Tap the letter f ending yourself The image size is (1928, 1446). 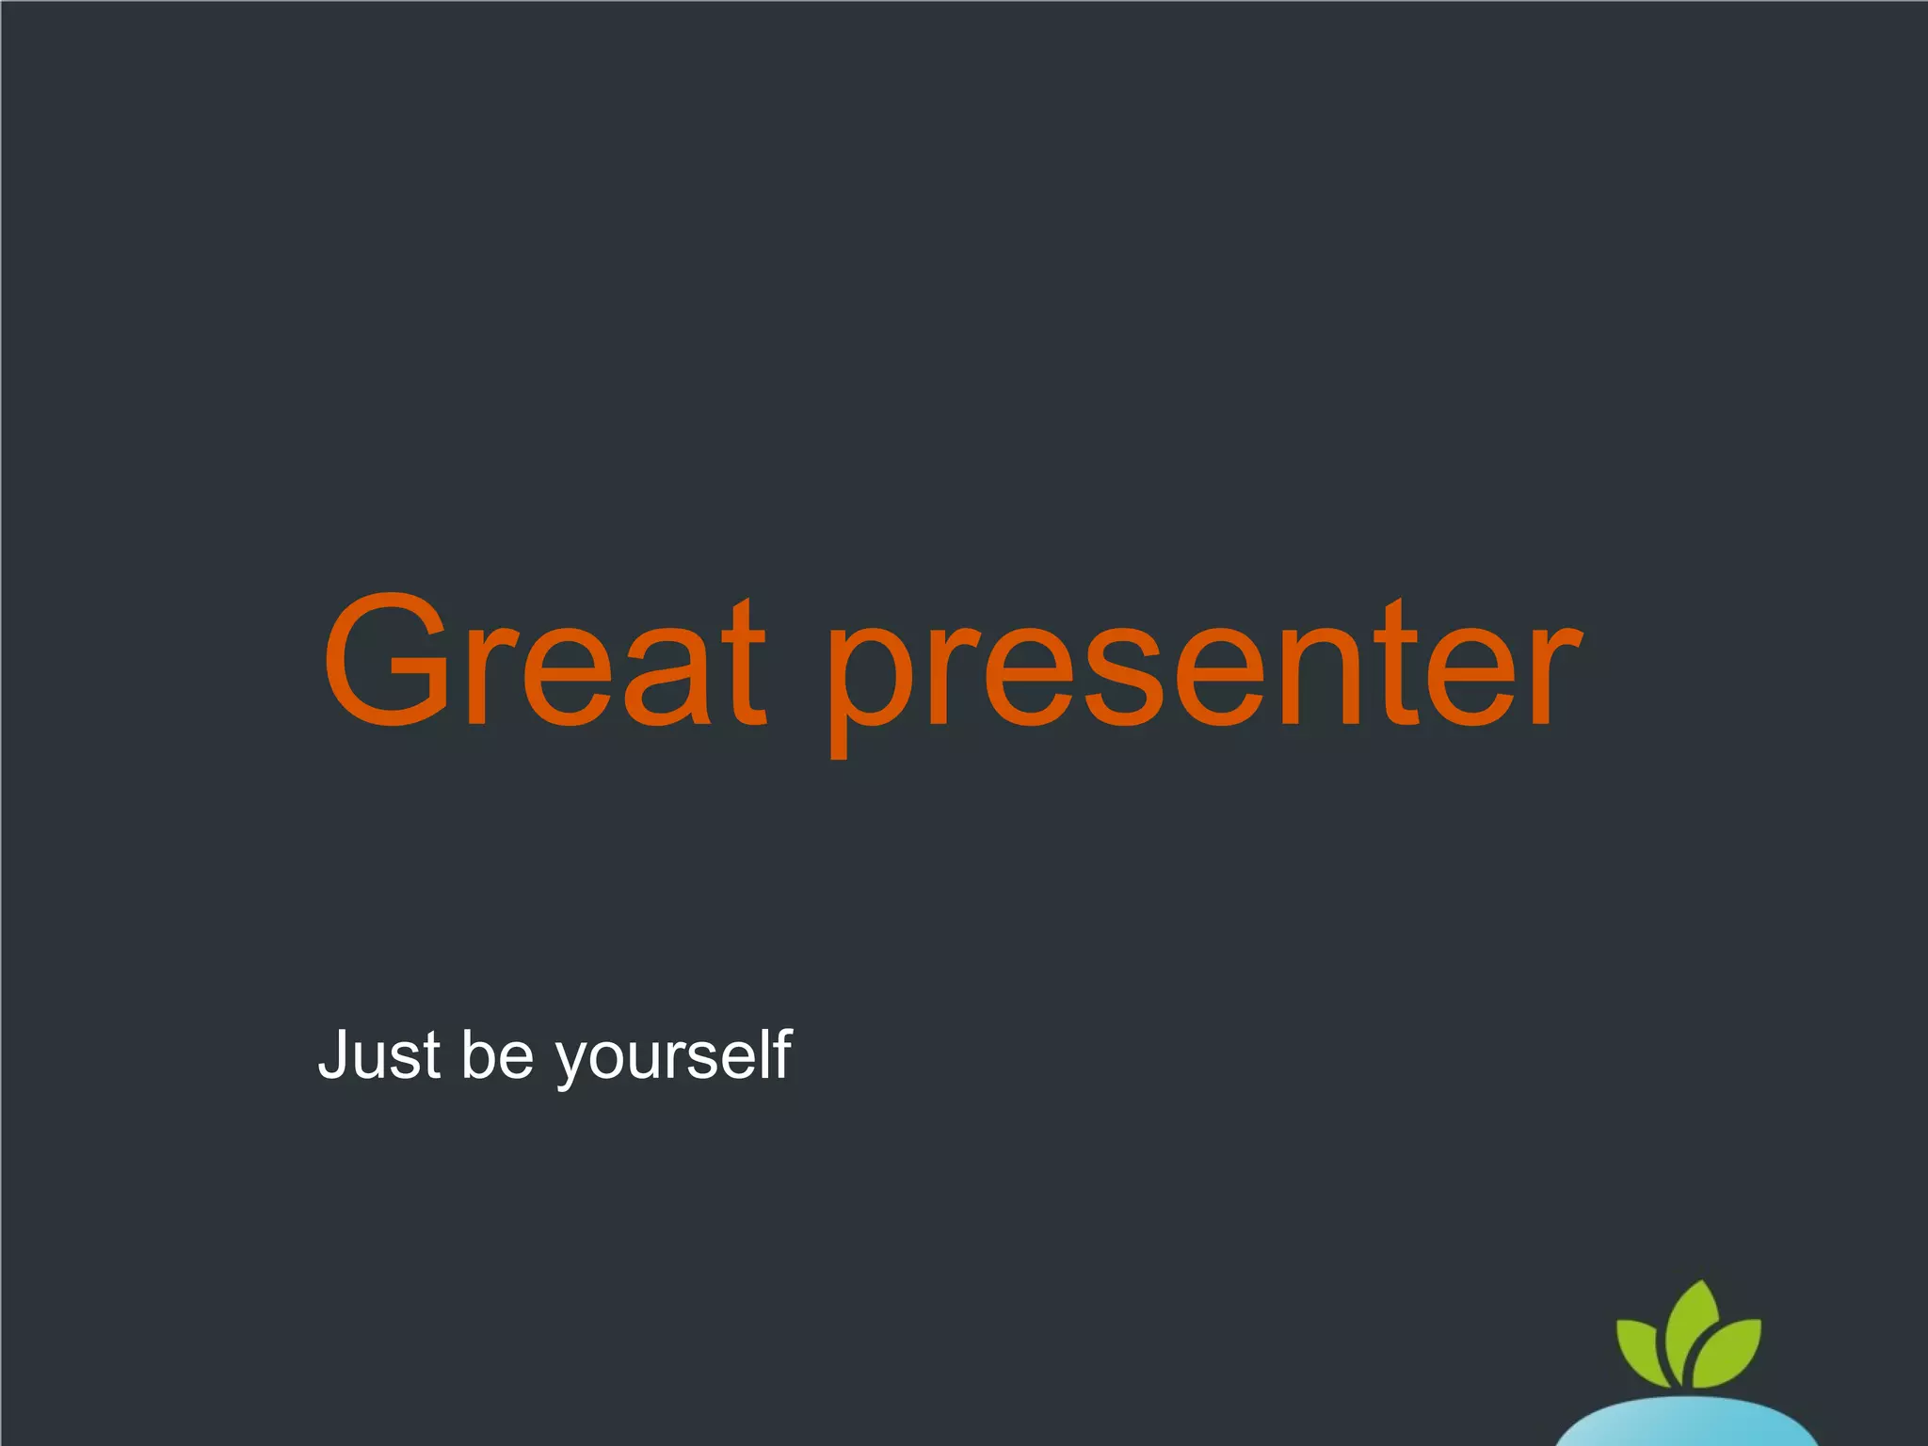[x=780, y=1052]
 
